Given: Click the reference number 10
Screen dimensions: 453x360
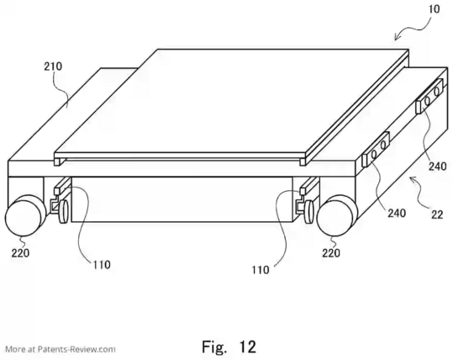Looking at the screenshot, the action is coord(434,9).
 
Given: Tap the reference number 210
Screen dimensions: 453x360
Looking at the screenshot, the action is coord(53,66).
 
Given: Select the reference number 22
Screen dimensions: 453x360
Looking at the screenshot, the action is coord(437,214).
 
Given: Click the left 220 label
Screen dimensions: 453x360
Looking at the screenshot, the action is coord(20,253).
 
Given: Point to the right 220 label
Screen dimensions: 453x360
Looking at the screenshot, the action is coord(331,253).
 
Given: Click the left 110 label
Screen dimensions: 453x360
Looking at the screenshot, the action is coord(102,264).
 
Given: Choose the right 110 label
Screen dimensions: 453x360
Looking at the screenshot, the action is coord(261,270).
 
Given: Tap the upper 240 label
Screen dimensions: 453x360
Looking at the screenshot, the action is coord(437,167).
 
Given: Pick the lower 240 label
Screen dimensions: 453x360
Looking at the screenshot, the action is coord(397,213).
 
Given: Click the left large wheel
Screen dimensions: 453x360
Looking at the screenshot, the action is coord(25,215).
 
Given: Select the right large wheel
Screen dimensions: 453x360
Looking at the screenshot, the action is coord(336,216).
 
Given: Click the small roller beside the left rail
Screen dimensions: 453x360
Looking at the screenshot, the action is coord(63,211).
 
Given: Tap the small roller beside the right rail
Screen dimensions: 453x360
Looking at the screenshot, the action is coord(308,212).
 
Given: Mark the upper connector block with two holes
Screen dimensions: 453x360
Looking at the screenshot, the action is coord(429,96).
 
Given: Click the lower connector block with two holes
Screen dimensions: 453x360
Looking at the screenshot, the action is coord(376,149).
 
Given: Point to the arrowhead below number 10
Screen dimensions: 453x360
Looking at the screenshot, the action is coord(398,37).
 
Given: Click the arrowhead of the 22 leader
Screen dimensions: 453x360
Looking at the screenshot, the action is coord(413,180).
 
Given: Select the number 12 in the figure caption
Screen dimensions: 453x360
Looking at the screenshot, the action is coord(248,347).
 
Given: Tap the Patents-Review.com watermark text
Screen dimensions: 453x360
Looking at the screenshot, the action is coord(61,349).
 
